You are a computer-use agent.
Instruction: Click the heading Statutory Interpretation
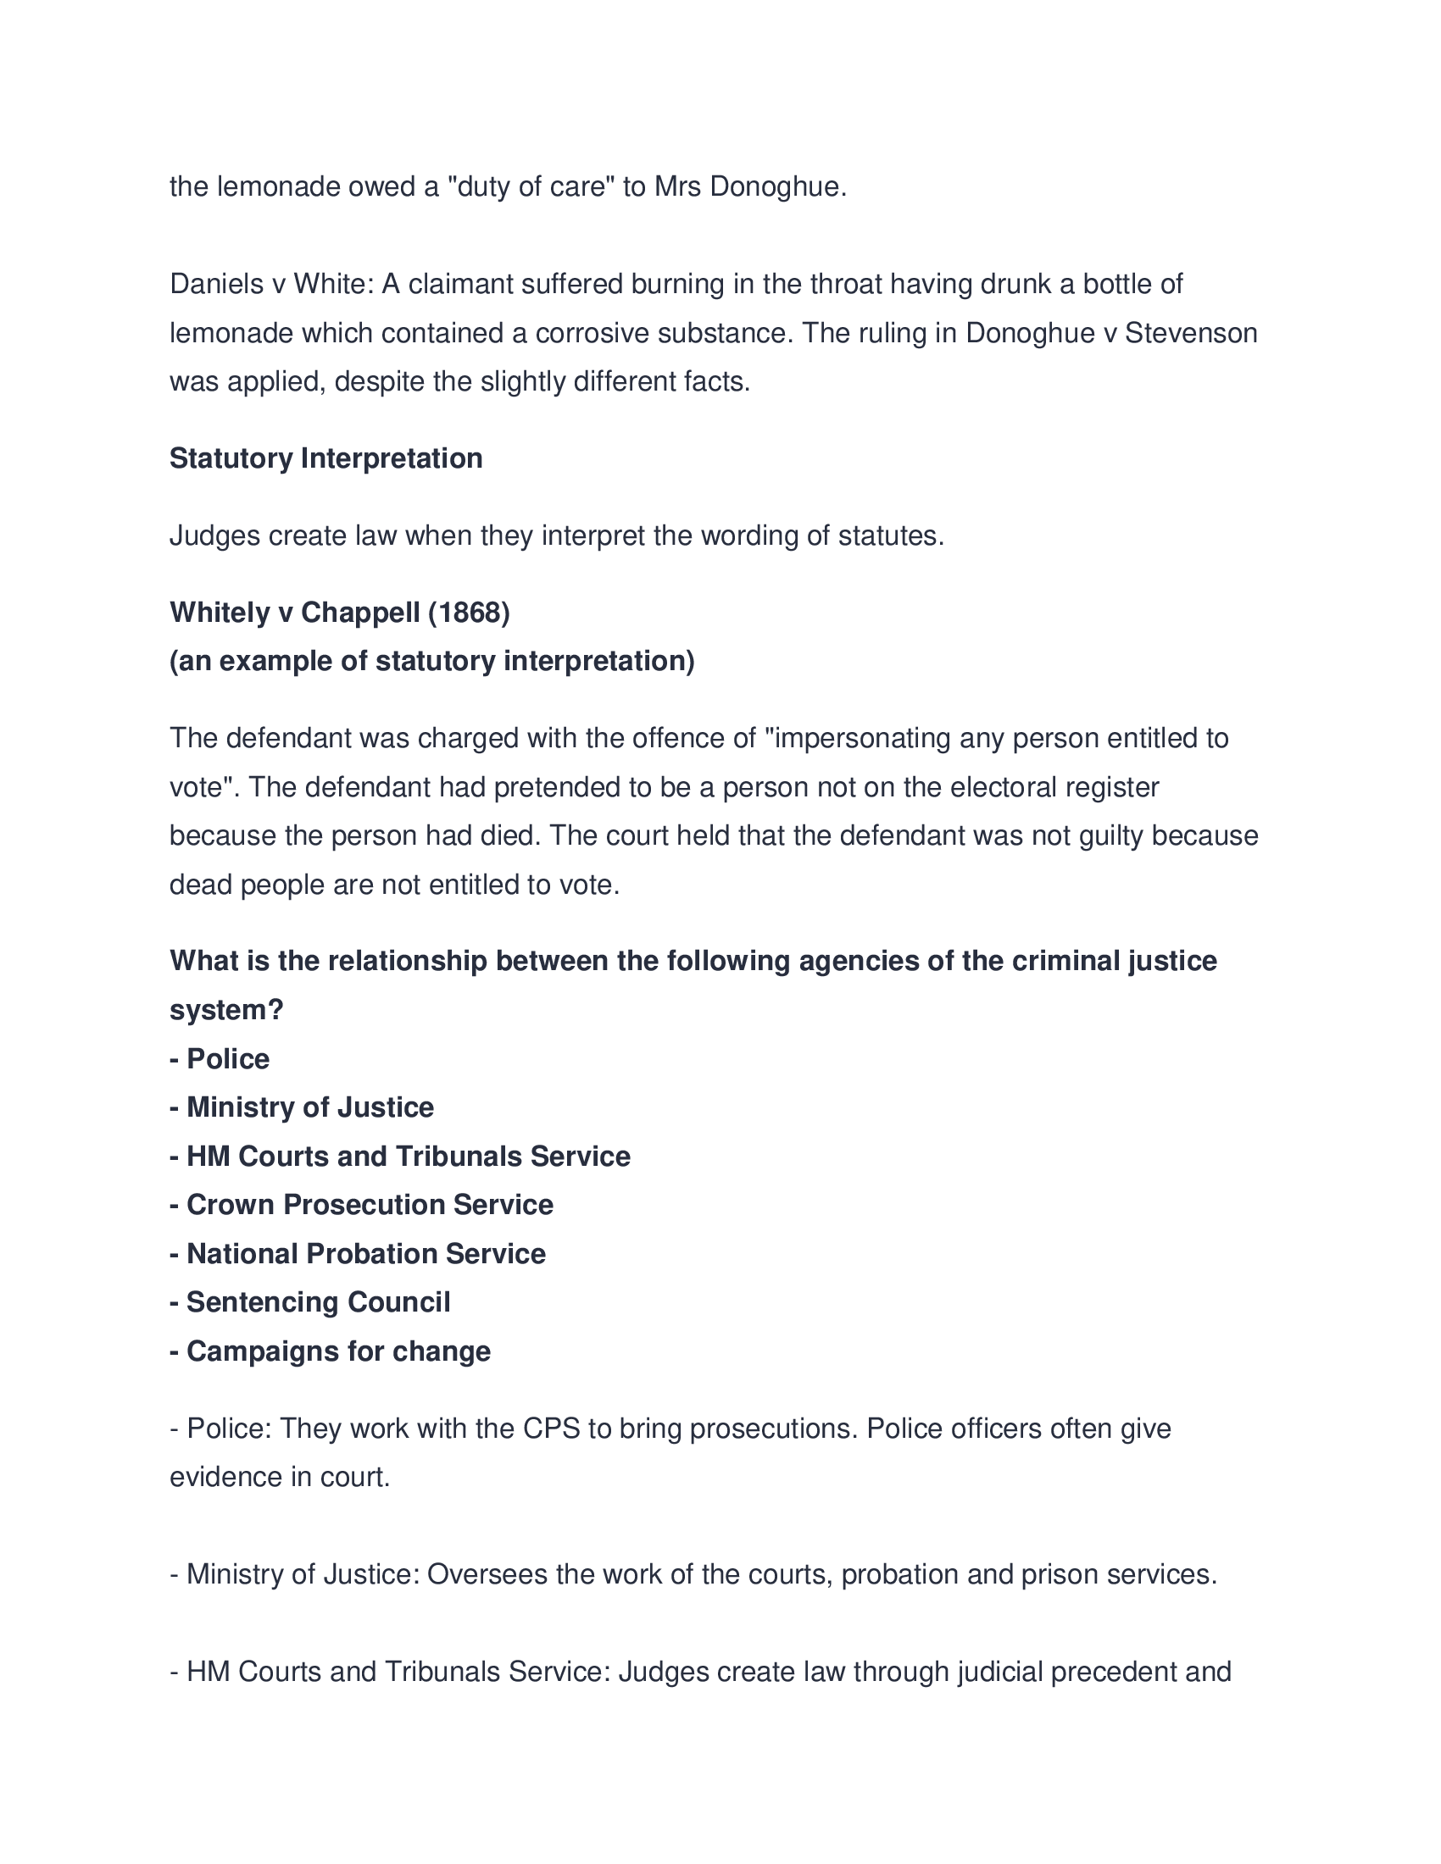point(325,458)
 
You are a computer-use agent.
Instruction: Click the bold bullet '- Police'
point(220,1058)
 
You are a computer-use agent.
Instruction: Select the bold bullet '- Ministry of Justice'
point(302,1107)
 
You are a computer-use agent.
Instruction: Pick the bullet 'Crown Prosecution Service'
point(370,1204)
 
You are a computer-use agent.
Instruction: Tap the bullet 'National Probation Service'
point(365,1253)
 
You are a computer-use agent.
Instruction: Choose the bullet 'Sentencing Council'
point(318,1301)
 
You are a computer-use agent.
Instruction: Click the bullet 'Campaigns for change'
point(338,1351)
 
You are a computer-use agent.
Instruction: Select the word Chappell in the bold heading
point(360,612)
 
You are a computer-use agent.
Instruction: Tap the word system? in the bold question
point(226,1010)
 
